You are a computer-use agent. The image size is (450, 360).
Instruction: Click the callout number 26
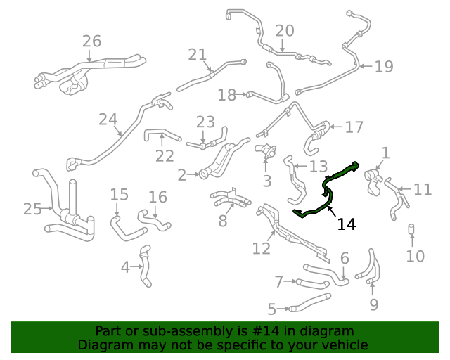pyautogui.click(x=91, y=41)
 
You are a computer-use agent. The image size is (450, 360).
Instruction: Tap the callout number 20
pyautogui.click(x=284, y=31)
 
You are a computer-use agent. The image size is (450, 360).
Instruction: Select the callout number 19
pyautogui.click(x=384, y=67)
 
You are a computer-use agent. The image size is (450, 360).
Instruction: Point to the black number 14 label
pyautogui.click(x=347, y=224)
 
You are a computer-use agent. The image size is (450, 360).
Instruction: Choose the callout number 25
pyautogui.click(x=32, y=209)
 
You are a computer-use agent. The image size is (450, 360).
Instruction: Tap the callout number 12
pyautogui.click(x=262, y=248)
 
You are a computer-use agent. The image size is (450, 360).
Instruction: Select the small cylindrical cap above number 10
pyautogui.click(x=412, y=229)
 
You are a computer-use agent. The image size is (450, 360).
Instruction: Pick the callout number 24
pyautogui.click(x=108, y=120)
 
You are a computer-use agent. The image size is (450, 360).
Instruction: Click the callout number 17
pyautogui.click(x=354, y=127)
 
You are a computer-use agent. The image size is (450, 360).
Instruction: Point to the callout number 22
pyautogui.click(x=165, y=155)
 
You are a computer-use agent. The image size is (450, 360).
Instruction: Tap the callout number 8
pyautogui.click(x=223, y=221)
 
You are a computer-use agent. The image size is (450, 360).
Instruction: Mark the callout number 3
pyautogui.click(x=266, y=181)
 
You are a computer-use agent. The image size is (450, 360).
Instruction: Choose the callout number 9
pyautogui.click(x=374, y=304)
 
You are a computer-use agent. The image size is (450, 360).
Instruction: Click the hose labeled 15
pyautogui.click(x=122, y=229)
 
